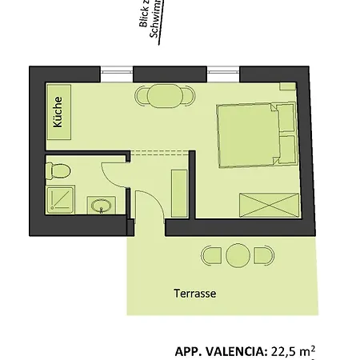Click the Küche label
(58, 111)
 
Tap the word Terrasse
(194, 294)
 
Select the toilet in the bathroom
(58, 170)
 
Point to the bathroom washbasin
(101, 206)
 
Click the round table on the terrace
(238, 256)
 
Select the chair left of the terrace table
(212, 256)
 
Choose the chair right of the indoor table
(190, 96)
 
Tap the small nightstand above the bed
(286, 85)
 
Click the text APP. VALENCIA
(221, 350)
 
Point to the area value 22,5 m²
(292, 350)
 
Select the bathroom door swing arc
(114, 172)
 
